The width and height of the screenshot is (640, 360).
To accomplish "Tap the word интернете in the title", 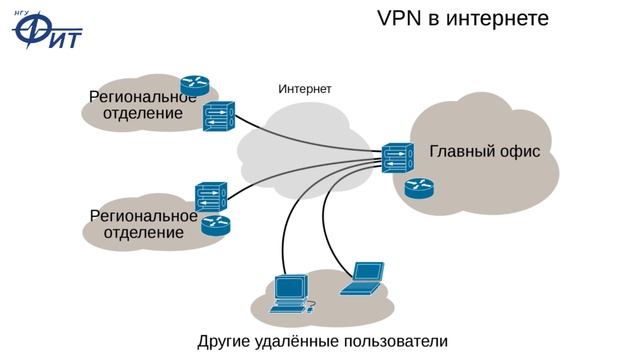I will click(502, 19).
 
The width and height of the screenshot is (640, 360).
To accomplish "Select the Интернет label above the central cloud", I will click(305, 89).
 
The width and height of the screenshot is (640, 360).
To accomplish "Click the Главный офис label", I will click(484, 151).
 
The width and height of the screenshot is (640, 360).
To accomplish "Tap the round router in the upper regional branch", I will click(194, 85).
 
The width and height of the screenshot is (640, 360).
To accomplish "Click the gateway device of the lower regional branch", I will click(210, 196).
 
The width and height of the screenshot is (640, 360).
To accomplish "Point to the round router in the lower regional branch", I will click(215, 225).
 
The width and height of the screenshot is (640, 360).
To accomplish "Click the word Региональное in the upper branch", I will click(143, 97).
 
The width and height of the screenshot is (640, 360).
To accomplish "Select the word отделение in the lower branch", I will click(144, 232).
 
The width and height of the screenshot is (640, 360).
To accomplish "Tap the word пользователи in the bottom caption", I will click(394, 341).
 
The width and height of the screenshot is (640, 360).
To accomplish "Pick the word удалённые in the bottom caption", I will click(298, 341).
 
